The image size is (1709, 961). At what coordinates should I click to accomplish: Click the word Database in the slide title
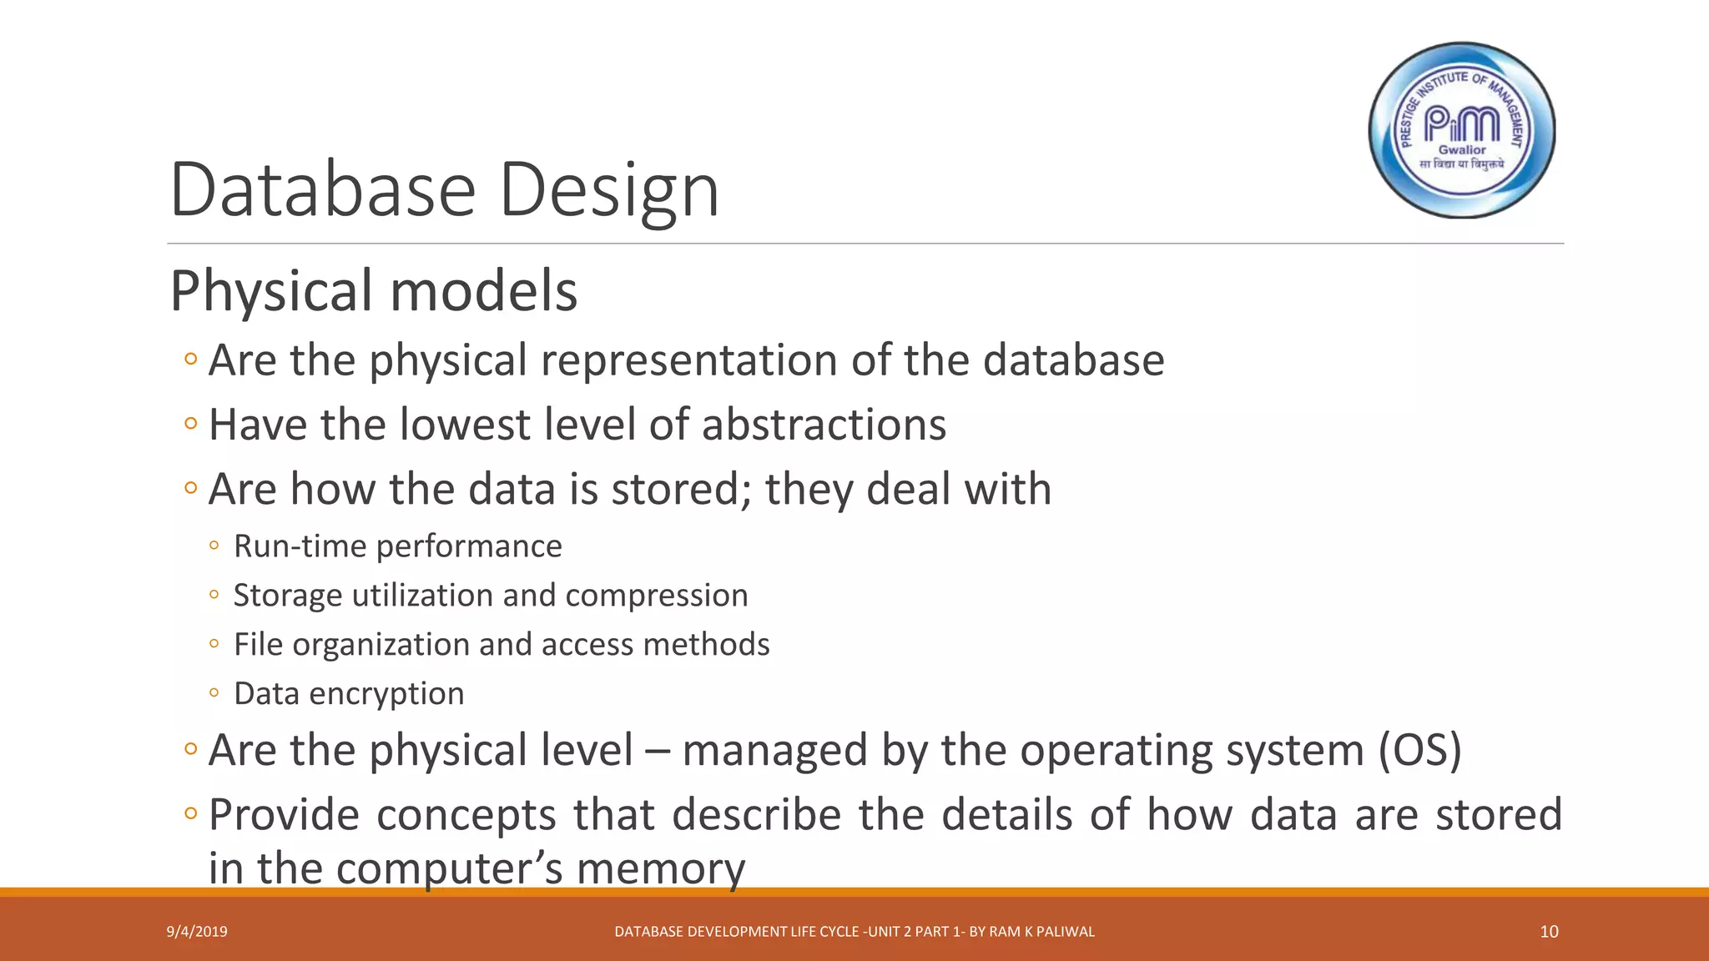pyautogui.click(x=322, y=190)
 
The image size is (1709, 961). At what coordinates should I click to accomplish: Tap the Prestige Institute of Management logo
pyautogui.click(x=1462, y=130)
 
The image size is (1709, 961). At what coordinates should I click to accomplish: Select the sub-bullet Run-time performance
pyautogui.click(x=397, y=546)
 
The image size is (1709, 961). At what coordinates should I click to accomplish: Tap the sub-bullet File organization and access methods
pyautogui.click(x=501, y=645)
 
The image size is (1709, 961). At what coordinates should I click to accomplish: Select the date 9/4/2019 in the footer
pyautogui.click(x=197, y=932)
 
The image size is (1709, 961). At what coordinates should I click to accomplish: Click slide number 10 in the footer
pyautogui.click(x=1549, y=932)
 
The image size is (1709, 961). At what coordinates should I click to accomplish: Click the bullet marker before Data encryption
pyautogui.click(x=214, y=693)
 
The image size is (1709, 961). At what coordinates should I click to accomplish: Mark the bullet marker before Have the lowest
pyautogui.click(x=191, y=424)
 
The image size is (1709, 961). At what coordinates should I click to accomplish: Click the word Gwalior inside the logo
pyautogui.click(x=1462, y=150)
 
